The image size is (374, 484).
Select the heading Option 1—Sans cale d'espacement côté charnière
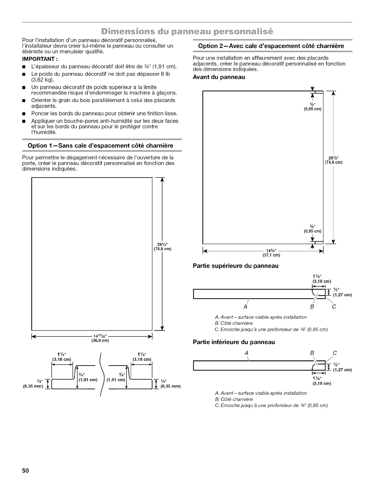[x=101, y=145]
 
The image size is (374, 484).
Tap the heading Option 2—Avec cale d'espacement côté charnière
[x=271, y=46]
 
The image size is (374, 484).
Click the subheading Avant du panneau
[x=219, y=77]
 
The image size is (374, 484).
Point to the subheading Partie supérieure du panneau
[x=236, y=266]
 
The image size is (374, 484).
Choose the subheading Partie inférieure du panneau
[x=234, y=342]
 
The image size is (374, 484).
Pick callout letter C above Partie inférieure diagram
[x=334, y=353]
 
